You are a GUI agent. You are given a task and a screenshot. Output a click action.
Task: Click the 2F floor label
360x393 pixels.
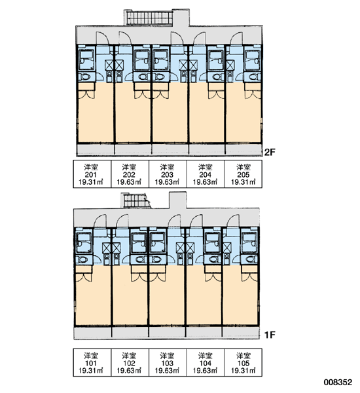270,152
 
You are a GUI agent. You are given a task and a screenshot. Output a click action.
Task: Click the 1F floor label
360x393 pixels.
270,335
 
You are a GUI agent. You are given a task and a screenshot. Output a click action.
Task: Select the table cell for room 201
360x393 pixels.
92,174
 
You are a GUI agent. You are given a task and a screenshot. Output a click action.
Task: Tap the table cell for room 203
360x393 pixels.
168,174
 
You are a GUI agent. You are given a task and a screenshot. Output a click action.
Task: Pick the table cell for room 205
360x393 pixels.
243,174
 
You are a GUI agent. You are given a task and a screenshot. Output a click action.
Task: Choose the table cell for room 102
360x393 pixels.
130,362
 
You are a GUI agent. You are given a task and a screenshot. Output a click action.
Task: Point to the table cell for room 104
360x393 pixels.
206,362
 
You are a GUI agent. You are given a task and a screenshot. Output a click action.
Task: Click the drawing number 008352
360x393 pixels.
338,383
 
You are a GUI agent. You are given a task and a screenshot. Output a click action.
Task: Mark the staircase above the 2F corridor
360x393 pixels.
149,18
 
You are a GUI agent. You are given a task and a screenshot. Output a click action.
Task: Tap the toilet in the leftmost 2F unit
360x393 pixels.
85,77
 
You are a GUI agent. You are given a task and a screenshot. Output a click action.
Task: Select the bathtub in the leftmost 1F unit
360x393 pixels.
84,242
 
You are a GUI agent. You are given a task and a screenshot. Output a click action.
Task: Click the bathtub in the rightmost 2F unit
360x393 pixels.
253,60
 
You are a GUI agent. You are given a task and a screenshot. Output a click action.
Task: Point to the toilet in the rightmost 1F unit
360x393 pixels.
251,259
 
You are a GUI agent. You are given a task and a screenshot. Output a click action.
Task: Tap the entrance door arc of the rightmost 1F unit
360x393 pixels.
232,221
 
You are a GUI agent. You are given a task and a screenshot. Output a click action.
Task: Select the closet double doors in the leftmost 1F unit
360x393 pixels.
84,276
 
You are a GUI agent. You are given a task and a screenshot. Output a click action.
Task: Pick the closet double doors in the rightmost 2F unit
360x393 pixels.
253,94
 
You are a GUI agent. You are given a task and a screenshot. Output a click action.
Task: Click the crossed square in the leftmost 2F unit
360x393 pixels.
109,65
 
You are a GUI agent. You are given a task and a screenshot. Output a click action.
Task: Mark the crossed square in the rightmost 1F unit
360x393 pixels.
226,248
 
